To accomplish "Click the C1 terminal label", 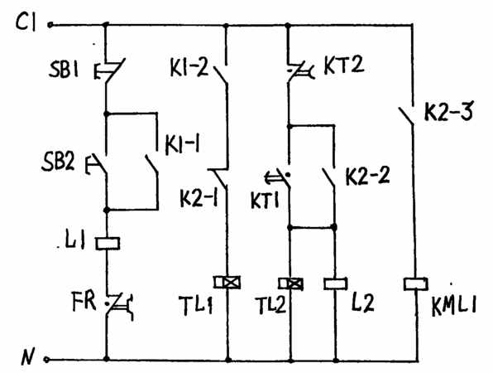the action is click(26, 22).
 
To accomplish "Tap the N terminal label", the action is click(28, 356).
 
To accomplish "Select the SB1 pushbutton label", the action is click(63, 70).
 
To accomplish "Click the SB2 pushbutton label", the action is click(58, 162).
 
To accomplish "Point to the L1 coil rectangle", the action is click(108, 243).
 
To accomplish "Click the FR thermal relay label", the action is click(84, 301).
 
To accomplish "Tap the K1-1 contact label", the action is click(182, 145).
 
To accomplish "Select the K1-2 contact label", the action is click(189, 67).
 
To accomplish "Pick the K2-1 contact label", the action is click(199, 198).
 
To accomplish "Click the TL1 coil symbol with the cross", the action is click(227, 283).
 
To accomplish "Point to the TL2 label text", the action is click(270, 305).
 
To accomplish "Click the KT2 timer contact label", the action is click(343, 65).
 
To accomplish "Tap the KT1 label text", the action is click(265, 200).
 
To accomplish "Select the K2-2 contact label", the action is click(367, 176).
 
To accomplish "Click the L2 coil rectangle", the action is click(336, 283).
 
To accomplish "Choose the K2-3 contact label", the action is click(448, 111).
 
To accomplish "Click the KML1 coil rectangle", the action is click(415, 283).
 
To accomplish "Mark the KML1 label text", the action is click(454, 306).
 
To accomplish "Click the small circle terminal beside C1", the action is click(50, 25).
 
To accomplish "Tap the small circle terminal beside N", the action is click(46, 359).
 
